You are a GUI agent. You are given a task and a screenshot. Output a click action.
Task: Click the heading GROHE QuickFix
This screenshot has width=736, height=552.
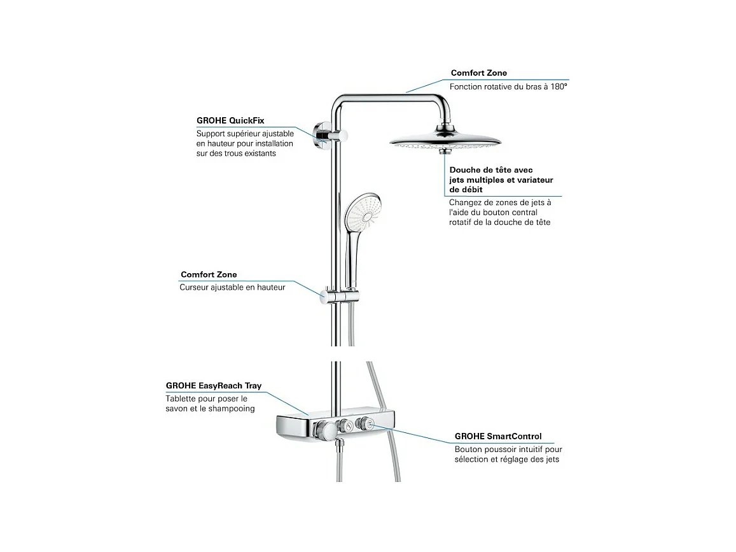point(230,120)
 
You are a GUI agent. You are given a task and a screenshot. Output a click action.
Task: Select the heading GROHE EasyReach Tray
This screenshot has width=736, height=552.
point(214,386)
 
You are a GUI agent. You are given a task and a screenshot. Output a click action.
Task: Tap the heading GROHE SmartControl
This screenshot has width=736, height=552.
point(498,437)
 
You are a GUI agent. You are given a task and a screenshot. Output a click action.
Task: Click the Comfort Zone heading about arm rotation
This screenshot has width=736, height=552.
point(479,73)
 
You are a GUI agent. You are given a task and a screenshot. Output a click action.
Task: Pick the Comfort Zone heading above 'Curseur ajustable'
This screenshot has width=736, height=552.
point(209,275)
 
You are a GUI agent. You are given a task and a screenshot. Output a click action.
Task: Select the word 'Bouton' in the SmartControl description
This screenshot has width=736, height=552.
point(468,449)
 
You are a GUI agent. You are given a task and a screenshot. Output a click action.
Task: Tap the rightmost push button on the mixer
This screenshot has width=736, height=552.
point(367,425)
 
